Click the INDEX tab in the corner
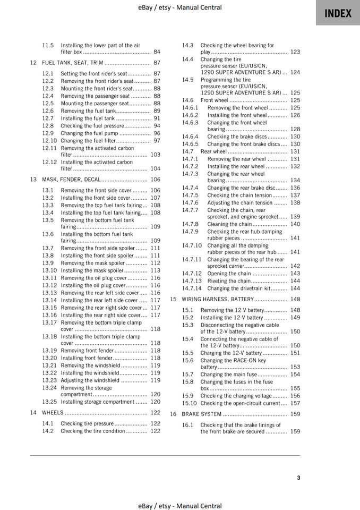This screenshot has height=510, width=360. (x=338, y=13)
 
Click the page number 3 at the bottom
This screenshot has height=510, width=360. (x=298, y=478)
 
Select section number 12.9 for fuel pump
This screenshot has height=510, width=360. (x=48, y=133)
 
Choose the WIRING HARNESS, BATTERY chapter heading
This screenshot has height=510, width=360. (x=221, y=299)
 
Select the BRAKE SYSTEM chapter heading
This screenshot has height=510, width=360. (x=202, y=414)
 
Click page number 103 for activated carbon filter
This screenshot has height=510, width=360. (x=155, y=155)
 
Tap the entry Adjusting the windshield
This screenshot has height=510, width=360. (x=90, y=380)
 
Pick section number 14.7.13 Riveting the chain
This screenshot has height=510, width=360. (x=192, y=281)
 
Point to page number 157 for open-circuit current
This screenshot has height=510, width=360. (x=295, y=403)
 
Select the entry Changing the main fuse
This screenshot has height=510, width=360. (x=228, y=375)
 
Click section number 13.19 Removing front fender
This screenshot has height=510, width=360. (x=49, y=351)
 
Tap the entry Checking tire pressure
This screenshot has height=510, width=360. (x=87, y=423)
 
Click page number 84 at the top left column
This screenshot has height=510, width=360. (x=157, y=52)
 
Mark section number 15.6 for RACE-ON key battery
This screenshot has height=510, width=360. (x=188, y=360)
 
